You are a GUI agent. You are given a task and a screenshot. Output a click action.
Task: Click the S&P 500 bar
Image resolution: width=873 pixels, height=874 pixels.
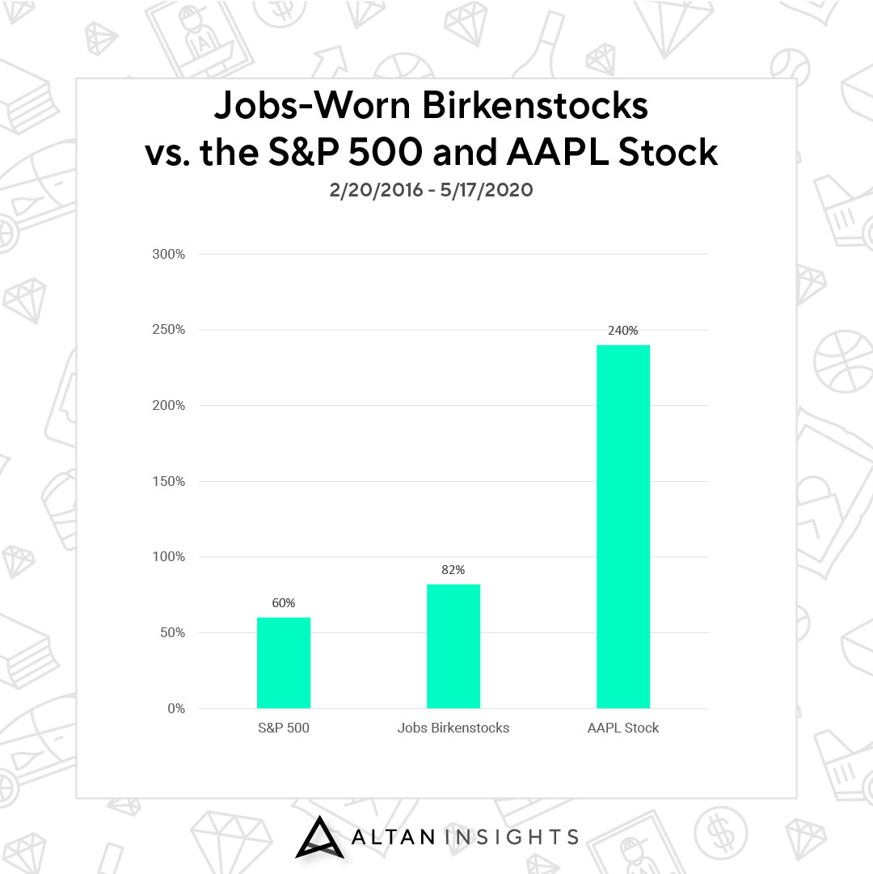pyautogui.click(x=284, y=663)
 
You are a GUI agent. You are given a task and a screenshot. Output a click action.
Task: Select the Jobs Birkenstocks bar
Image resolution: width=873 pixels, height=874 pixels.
pyautogui.click(x=453, y=646)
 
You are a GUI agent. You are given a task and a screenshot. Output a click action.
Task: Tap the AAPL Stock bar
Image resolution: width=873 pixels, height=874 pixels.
pyautogui.click(x=623, y=526)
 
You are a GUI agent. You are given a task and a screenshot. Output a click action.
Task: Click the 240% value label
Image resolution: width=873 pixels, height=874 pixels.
pyautogui.click(x=623, y=331)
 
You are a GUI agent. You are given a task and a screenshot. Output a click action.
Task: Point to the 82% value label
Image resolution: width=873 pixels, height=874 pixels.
pyautogui.click(x=453, y=570)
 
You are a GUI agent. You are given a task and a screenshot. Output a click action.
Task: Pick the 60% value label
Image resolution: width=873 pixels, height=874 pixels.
pyautogui.click(x=284, y=602)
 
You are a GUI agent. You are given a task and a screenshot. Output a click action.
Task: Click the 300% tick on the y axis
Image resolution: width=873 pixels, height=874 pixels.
pyautogui.click(x=169, y=254)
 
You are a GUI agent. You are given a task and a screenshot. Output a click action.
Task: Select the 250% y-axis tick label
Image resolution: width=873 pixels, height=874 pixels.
pyautogui.click(x=169, y=329)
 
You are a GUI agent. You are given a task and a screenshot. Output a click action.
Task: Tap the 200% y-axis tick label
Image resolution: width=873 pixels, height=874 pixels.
pyautogui.click(x=169, y=405)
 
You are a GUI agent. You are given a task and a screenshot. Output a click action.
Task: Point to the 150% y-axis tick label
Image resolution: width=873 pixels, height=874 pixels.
pyautogui.click(x=169, y=481)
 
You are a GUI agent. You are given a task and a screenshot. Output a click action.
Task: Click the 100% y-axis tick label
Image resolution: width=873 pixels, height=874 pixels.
pyautogui.click(x=169, y=556)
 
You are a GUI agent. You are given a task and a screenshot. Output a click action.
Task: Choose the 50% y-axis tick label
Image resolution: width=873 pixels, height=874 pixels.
pyautogui.click(x=173, y=632)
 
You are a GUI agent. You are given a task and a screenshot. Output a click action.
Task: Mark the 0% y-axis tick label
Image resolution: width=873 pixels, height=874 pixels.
pyautogui.click(x=176, y=708)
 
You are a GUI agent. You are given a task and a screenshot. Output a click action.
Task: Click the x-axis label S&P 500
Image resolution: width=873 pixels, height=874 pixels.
pyautogui.click(x=284, y=728)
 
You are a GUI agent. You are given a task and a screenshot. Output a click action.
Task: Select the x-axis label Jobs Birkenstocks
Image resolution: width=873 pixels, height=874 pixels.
pyautogui.click(x=453, y=728)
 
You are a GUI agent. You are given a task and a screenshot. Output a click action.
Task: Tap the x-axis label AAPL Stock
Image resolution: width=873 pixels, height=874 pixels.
pyautogui.click(x=623, y=728)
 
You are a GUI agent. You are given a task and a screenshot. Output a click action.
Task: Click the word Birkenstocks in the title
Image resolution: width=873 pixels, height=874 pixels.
pyautogui.click(x=535, y=105)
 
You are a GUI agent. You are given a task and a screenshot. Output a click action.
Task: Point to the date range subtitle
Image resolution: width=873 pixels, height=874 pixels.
pyautogui.click(x=431, y=190)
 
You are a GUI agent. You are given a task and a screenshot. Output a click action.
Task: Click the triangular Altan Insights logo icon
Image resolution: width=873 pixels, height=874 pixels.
pyautogui.click(x=319, y=837)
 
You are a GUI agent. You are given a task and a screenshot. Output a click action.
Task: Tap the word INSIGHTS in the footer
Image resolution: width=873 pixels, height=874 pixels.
pyautogui.click(x=512, y=837)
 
